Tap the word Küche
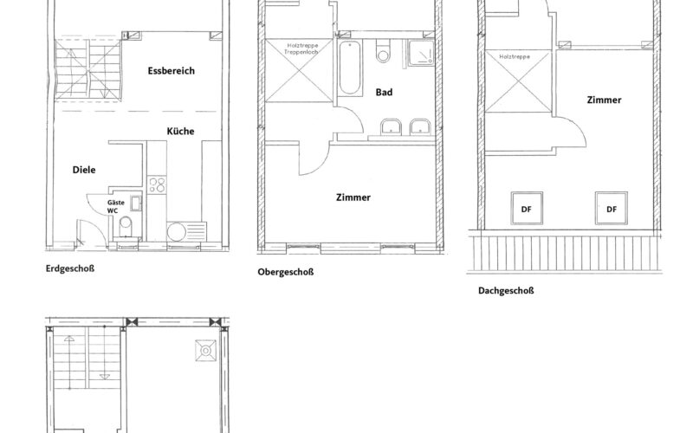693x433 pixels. point(181,131)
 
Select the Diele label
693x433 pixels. point(84,170)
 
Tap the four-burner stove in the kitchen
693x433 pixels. point(158,184)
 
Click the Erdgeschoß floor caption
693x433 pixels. point(69,268)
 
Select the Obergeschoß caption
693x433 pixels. point(285,272)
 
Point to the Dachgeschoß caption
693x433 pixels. point(506,290)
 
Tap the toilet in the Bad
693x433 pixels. point(383,54)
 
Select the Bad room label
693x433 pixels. point(385,92)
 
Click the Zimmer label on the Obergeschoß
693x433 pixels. point(353,197)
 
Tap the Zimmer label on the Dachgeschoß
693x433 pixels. point(604,100)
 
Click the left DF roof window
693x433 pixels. point(526,207)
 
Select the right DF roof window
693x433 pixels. point(612,207)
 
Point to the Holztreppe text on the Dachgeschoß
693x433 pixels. point(514,56)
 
